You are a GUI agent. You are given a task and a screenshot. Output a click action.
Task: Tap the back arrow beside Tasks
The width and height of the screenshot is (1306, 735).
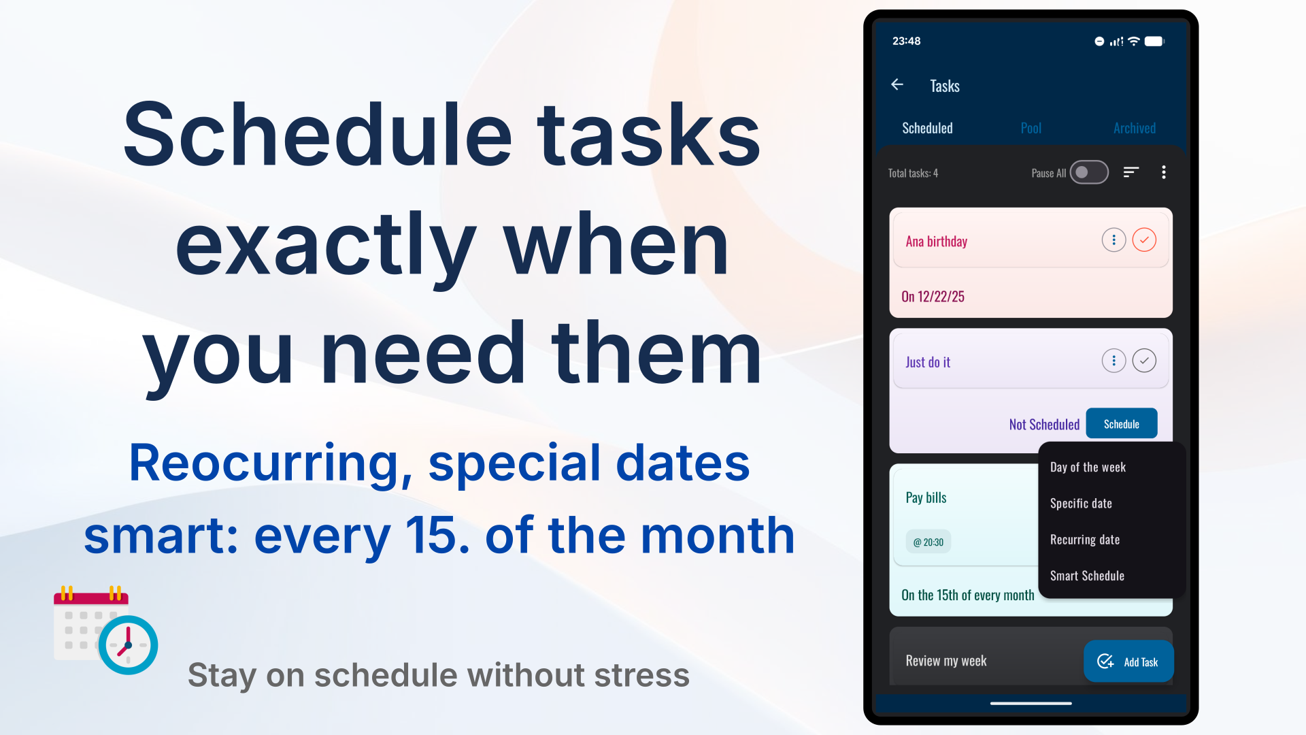897,84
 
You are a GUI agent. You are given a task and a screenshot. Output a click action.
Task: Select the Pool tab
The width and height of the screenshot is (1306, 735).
1031,128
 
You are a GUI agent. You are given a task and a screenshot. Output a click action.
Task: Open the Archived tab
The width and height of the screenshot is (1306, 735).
1134,128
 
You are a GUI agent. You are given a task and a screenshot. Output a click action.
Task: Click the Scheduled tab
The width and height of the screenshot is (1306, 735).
927,128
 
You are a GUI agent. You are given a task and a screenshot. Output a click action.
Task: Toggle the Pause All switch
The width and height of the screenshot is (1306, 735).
1089,172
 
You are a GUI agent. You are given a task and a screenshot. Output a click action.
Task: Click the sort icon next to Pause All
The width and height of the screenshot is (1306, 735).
1131,172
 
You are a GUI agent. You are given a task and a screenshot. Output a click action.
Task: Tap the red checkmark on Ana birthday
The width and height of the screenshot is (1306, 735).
1144,240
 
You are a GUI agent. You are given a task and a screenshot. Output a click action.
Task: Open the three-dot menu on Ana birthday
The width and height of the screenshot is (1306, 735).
1114,240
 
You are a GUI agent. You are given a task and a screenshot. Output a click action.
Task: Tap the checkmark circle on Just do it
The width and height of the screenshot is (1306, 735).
1144,361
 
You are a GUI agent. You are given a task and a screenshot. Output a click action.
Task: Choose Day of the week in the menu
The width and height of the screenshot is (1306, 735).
1088,467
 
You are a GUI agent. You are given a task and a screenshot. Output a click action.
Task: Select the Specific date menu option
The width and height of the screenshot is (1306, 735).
1081,503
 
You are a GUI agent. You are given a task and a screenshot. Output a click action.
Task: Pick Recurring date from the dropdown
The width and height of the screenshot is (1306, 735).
1085,539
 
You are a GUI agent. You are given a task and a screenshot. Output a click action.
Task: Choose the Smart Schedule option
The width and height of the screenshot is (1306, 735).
1087,575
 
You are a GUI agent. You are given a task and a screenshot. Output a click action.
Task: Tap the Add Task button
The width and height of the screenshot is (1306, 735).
1128,661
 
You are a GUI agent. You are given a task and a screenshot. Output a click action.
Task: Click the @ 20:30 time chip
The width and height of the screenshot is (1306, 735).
928,542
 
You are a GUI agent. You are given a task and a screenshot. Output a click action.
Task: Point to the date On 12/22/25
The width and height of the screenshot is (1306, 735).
933,296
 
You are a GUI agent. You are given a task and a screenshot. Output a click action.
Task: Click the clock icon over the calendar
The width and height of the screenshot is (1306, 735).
128,644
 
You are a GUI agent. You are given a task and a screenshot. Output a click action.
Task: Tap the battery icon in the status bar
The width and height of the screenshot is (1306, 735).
1155,41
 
